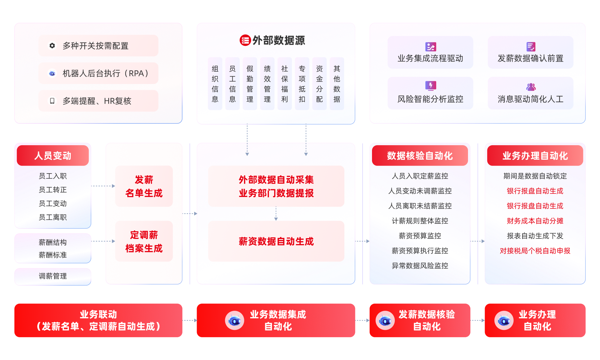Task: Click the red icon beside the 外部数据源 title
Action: coord(245,40)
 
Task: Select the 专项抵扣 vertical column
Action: coord(302,84)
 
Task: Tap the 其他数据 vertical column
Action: coord(337,84)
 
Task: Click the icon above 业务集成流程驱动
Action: coord(430,47)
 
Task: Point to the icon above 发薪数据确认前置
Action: coord(531,47)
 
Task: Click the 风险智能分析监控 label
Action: coord(430,99)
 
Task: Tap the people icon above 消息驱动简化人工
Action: coord(531,87)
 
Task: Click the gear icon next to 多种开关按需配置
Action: coord(52,46)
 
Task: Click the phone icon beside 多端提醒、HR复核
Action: coord(52,101)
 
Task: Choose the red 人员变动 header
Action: coord(53,156)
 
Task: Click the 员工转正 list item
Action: coord(53,190)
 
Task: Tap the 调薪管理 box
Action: coord(53,276)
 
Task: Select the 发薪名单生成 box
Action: coord(144,186)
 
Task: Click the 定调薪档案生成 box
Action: coord(144,242)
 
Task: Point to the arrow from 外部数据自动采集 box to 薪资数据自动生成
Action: coord(276,214)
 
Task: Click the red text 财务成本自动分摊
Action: coord(535,221)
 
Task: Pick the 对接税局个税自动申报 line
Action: coord(535,251)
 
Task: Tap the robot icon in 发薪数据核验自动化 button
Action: coord(385,321)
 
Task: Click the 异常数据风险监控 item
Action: coord(420,266)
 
